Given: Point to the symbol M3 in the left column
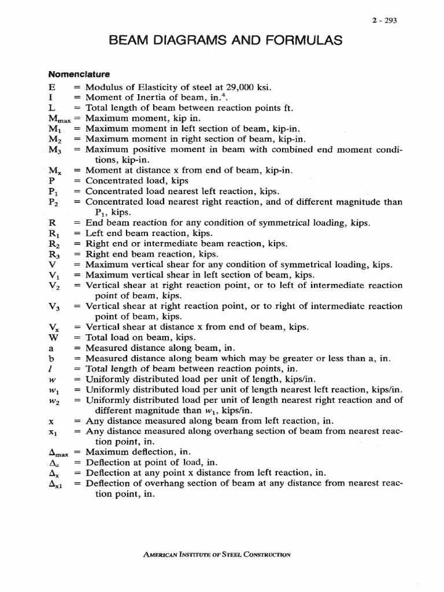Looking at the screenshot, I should (55, 150).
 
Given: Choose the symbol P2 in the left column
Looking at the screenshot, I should (54, 202).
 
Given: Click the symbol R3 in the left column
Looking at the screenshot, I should (55, 254).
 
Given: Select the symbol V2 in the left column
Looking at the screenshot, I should (55, 286).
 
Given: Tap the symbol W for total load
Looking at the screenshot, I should (54, 337).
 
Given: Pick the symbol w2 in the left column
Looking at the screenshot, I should (54, 400).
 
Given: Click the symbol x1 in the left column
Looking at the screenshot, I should (54, 432).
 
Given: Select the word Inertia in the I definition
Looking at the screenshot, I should (148, 98).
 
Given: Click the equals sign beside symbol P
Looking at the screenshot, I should (77, 181).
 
